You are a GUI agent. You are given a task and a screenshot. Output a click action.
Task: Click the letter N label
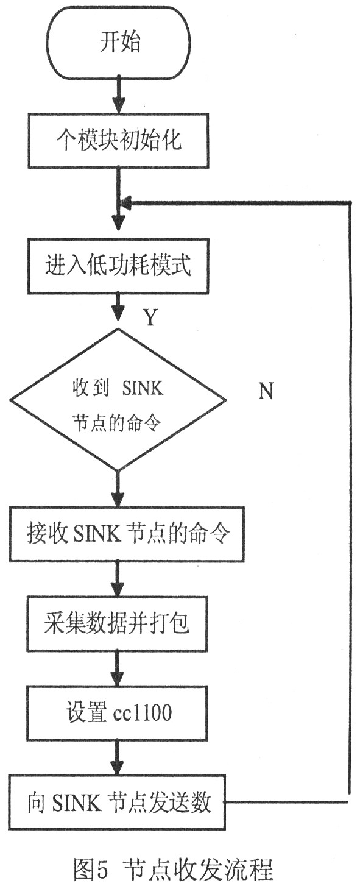[266, 391]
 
